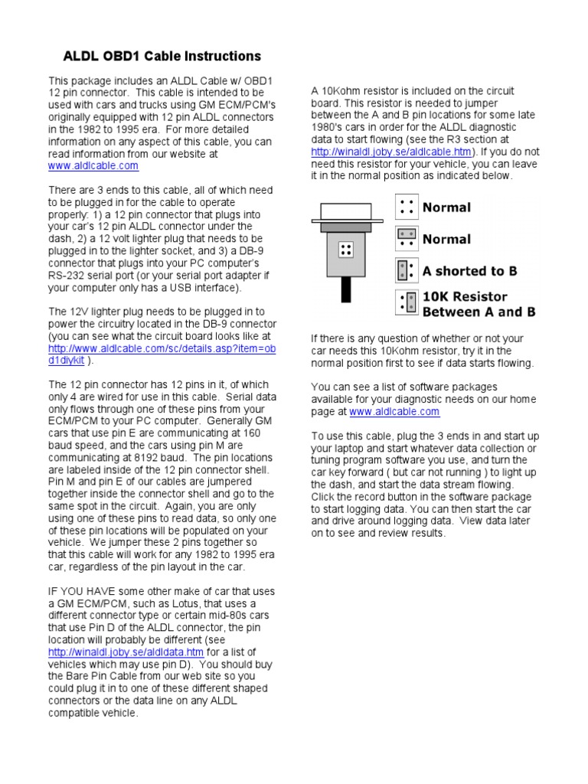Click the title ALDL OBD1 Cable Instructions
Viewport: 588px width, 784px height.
point(162,56)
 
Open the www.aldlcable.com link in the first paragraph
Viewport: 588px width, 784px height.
point(93,165)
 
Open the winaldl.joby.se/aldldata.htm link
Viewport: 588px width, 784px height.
point(126,652)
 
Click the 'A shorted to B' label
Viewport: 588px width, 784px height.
point(469,271)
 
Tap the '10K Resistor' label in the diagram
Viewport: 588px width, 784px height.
point(465,296)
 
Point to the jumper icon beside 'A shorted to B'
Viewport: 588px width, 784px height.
point(407,270)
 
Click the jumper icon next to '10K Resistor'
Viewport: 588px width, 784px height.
point(407,302)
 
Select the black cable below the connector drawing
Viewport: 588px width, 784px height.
point(347,289)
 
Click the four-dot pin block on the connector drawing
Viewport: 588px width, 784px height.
point(346,249)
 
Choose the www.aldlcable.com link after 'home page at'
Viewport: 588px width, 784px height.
point(394,412)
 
